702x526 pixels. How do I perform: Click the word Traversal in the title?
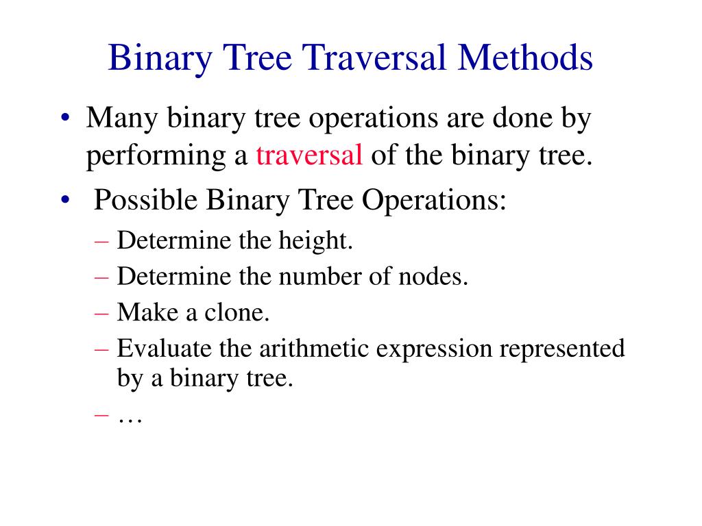pyautogui.click(x=363, y=58)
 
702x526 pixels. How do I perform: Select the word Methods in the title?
pyautogui.click(x=524, y=58)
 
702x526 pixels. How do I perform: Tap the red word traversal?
pyautogui.click(x=309, y=156)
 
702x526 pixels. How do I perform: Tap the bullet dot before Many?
pyautogui.click(x=64, y=119)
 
